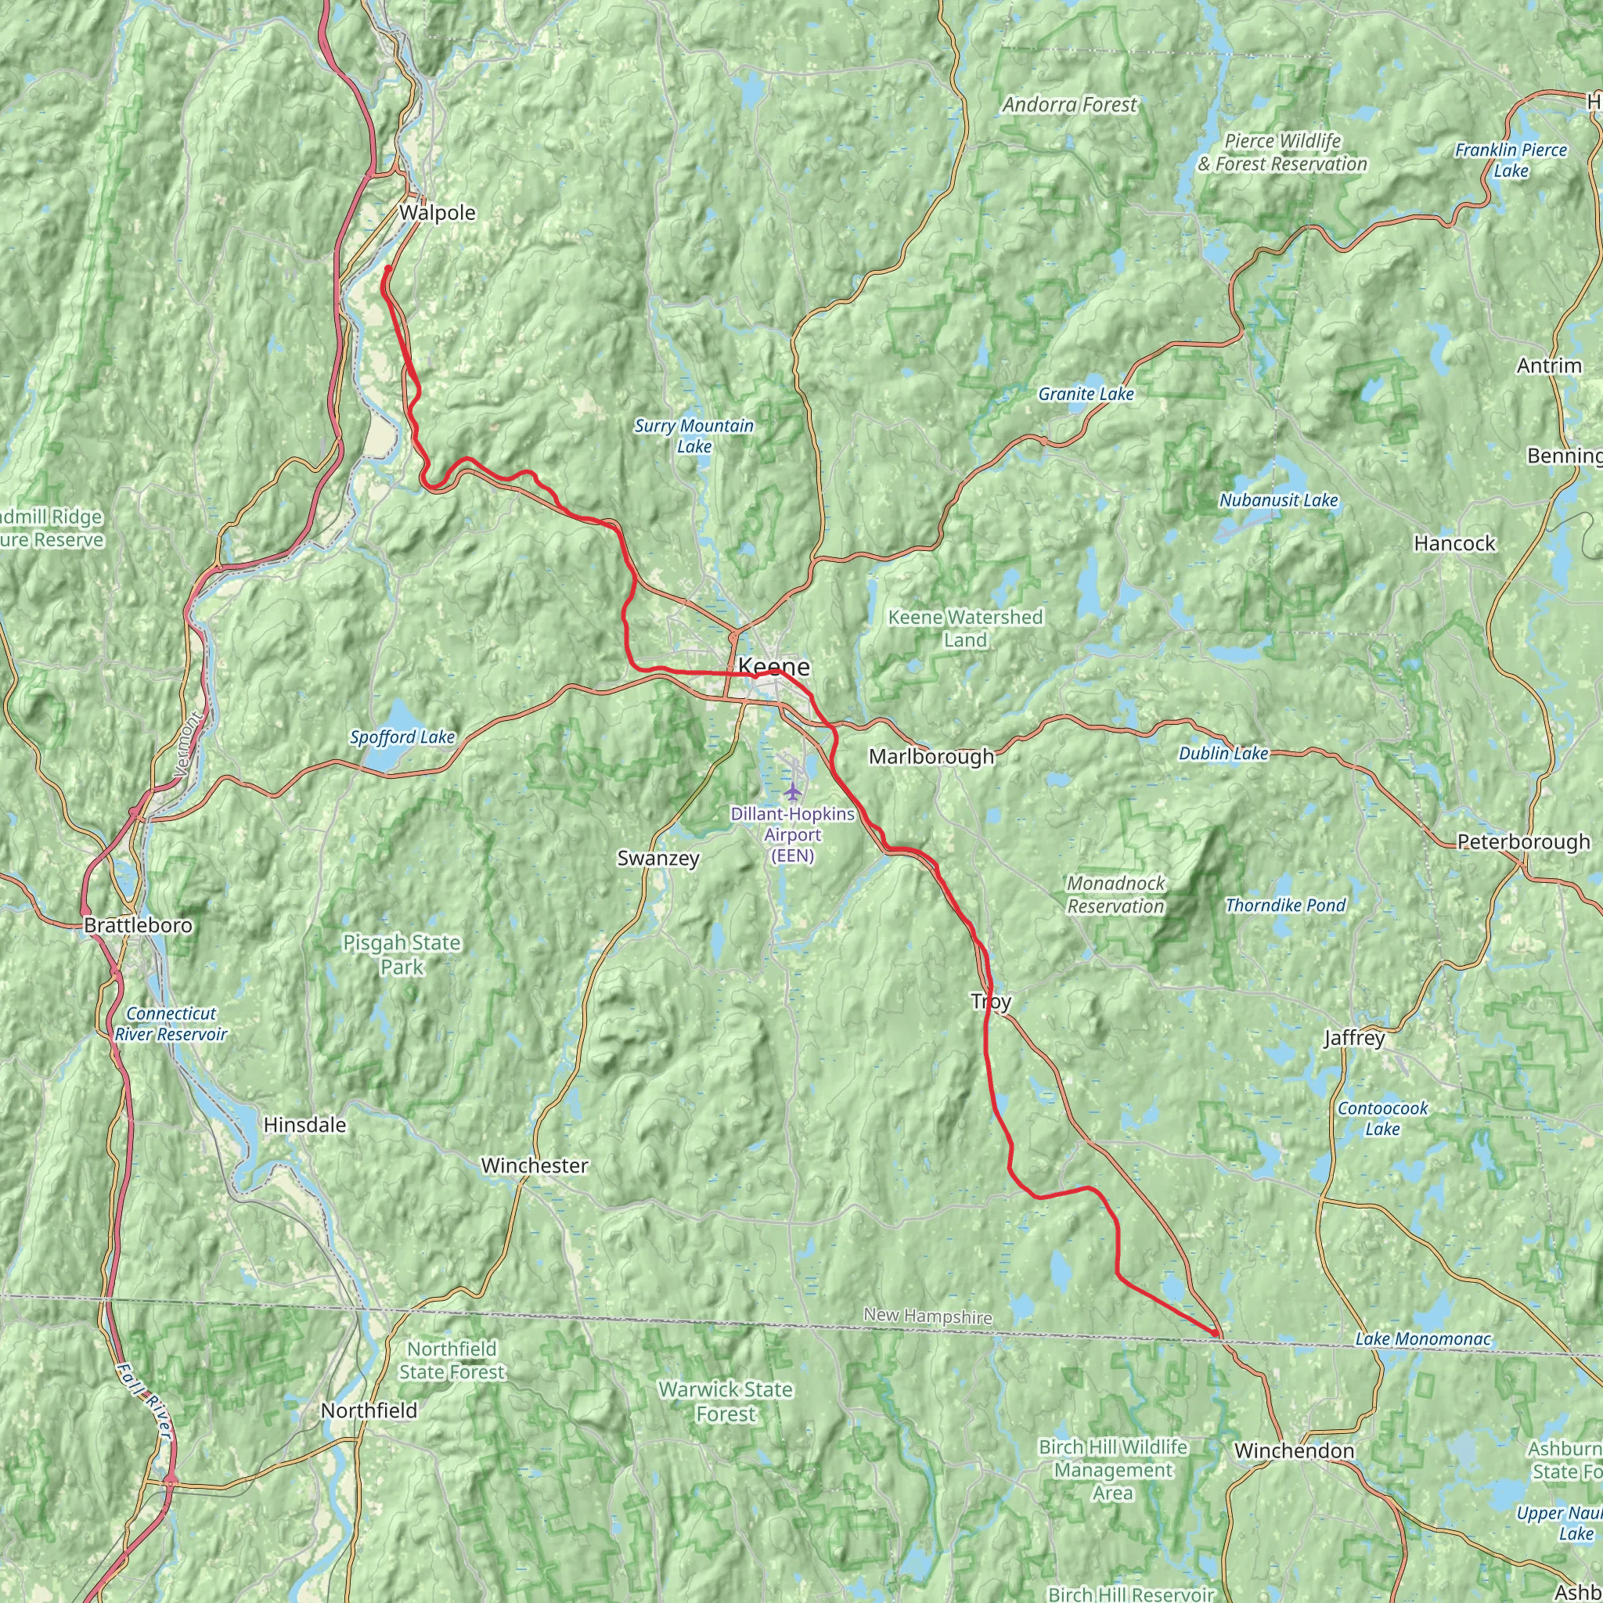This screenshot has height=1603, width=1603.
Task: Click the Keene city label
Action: [773, 666]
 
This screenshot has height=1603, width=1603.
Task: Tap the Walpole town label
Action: [438, 212]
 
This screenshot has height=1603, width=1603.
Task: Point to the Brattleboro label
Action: [138, 925]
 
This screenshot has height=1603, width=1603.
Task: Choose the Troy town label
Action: [991, 1001]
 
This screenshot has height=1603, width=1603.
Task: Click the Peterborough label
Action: [1523, 841]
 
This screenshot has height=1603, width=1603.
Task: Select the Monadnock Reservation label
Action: [1115, 895]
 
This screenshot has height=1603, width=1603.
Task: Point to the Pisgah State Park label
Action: [402, 954]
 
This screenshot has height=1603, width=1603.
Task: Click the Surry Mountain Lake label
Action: [693, 436]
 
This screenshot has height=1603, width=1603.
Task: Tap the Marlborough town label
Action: [931, 756]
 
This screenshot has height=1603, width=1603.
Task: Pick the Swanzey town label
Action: [658, 858]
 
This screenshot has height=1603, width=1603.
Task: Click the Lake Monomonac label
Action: [1423, 1339]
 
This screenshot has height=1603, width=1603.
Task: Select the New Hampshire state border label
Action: [927, 1316]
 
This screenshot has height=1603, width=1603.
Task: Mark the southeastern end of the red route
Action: [1216, 1333]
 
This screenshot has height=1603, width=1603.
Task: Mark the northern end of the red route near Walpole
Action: [388, 268]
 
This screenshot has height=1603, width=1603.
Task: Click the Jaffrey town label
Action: [1354, 1037]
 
